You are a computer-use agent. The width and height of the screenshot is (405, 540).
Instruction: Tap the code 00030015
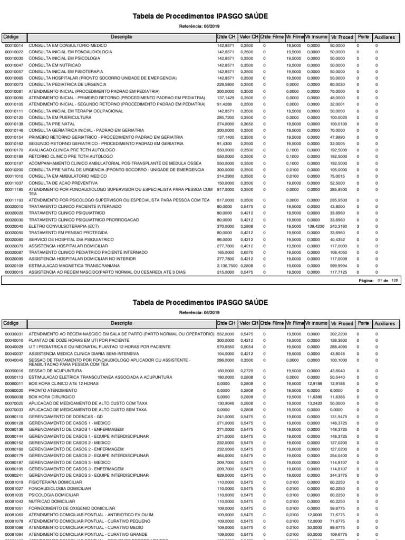[x=14, y=272]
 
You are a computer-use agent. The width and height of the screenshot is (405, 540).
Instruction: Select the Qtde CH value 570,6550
[x=225, y=347]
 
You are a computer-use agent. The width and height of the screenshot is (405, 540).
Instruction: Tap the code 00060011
[x=14, y=384]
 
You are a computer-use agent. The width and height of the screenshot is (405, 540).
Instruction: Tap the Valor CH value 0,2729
[x=246, y=371]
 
